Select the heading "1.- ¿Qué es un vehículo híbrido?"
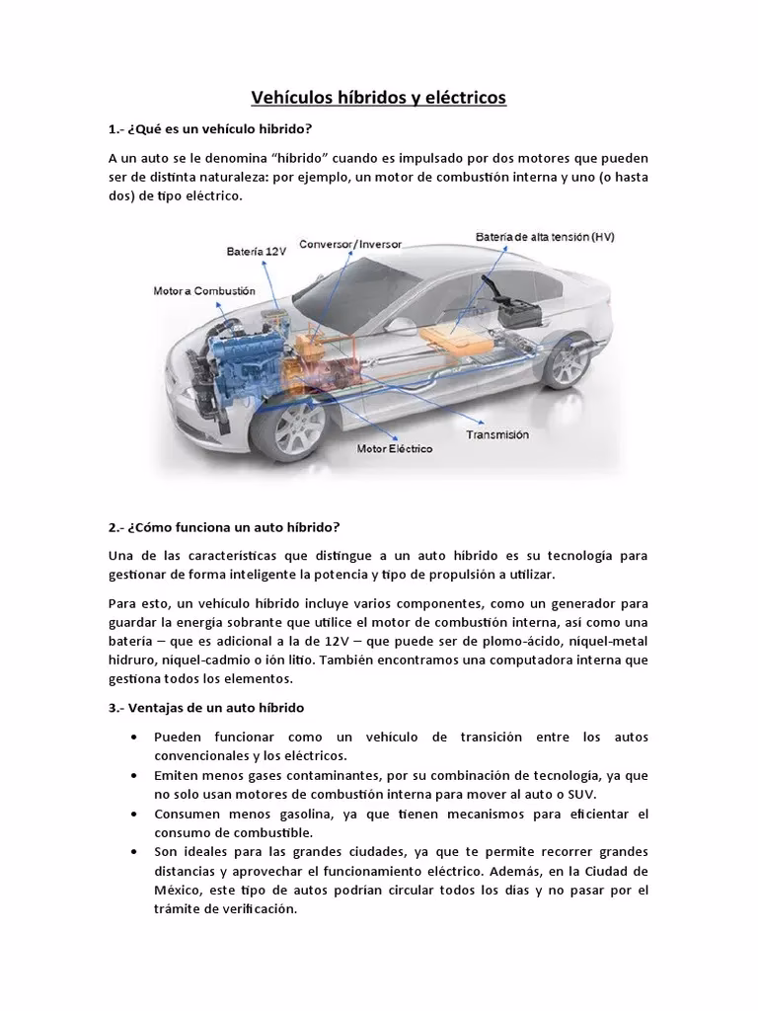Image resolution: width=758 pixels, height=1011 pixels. click(x=209, y=129)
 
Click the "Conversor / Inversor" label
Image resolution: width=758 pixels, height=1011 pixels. click(x=350, y=243)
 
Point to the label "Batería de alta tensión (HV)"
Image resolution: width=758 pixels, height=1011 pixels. click(x=544, y=237)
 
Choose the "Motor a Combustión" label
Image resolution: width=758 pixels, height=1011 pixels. click(x=204, y=291)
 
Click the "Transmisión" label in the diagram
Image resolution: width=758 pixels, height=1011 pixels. click(x=496, y=433)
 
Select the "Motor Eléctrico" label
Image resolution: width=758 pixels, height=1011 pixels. click(x=394, y=447)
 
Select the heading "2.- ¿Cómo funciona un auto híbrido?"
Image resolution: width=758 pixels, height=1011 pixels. click(x=224, y=526)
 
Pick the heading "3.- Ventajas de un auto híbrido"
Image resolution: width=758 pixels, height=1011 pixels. click(x=206, y=708)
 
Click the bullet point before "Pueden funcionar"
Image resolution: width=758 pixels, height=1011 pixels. click(x=133, y=739)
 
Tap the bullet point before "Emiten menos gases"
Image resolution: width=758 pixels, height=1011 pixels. click(x=133, y=776)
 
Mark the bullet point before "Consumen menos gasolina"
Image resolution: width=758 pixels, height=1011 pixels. click(x=133, y=814)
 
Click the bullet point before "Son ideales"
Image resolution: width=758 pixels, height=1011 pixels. click(x=133, y=851)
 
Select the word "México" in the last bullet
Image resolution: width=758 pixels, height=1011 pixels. click(x=178, y=890)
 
